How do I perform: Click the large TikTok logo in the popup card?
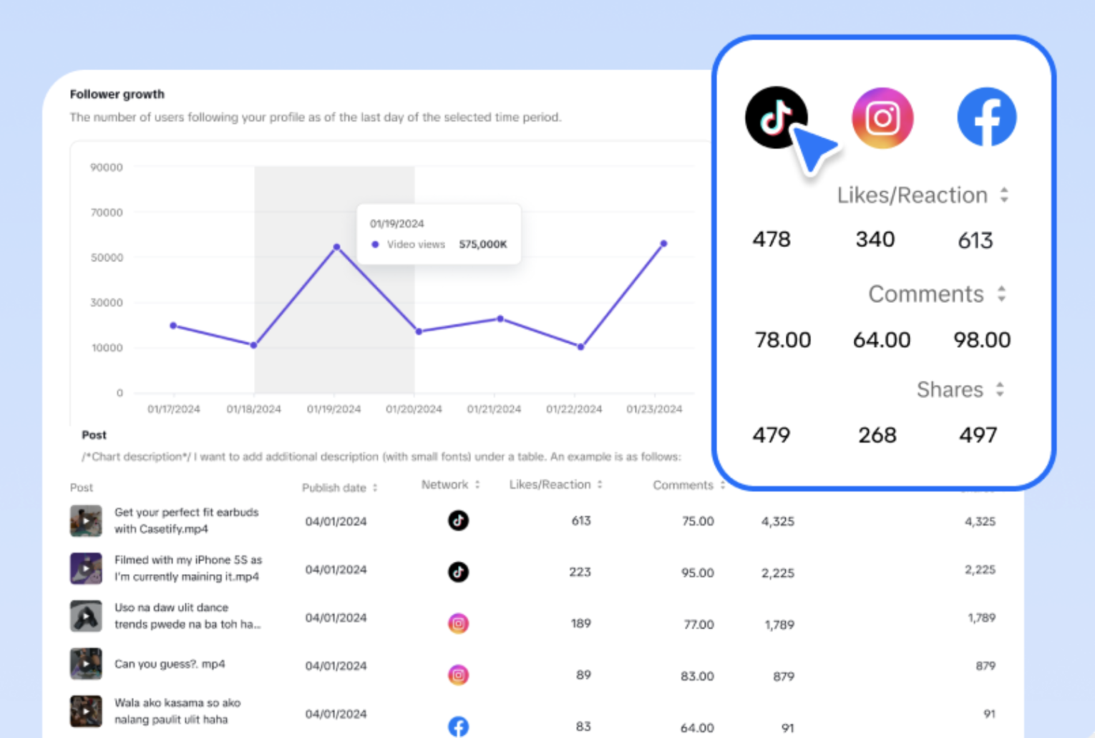(776, 117)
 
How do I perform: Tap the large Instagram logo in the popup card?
(882, 118)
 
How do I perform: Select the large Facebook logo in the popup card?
(986, 117)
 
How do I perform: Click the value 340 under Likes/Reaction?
(875, 239)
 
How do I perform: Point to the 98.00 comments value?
(981, 339)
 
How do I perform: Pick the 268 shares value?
(877, 435)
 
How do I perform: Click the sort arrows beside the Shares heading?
(1000, 389)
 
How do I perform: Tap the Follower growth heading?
(117, 94)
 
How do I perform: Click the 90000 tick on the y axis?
(106, 167)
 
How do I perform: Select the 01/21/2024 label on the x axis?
(494, 409)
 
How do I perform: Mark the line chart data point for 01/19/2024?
(336, 247)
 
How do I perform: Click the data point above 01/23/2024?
(663, 244)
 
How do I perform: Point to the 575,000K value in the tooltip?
(482, 244)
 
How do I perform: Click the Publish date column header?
(334, 487)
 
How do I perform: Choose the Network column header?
(444, 485)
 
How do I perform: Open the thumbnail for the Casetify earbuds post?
(86, 520)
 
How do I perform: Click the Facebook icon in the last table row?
(458, 727)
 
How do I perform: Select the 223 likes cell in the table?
(580, 572)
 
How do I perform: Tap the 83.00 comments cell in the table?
(697, 676)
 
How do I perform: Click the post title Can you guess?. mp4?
(170, 664)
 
